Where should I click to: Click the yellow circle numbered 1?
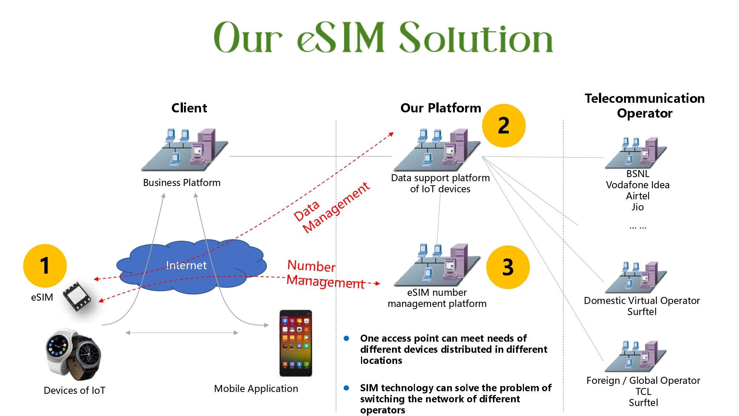coord(45,266)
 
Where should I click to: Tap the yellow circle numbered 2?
coord(504,126)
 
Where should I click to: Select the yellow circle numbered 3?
coord(508,267)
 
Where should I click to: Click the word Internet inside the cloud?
coord(186,265)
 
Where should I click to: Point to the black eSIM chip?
coord(77,297)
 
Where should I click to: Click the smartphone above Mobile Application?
coord(296,343)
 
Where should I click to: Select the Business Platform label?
coord(181,183)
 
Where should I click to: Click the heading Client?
coord(189,108)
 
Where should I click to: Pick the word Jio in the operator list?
coord(637,207)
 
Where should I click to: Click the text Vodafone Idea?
coord(637,185)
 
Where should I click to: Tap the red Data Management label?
coord(331,208)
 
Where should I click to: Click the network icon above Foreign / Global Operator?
coord(636,356)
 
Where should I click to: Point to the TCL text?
coord(643,392)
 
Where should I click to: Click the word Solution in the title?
coord(476,38)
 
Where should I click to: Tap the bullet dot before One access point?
coord(346,338)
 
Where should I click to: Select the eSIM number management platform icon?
coord(438,265)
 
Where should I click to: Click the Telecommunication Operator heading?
coord(644,106)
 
